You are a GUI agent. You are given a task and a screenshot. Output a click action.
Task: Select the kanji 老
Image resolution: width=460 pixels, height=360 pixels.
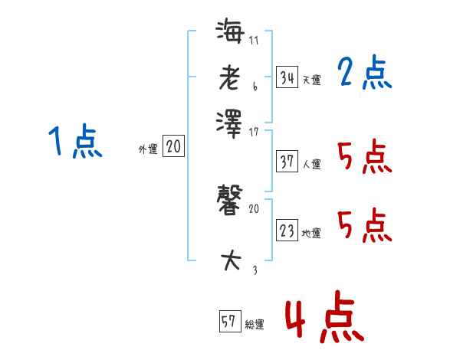pos(230,77)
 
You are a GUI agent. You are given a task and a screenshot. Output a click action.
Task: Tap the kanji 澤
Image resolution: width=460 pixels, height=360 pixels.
pos(230,120)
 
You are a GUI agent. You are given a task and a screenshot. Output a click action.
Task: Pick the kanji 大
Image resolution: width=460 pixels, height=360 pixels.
pos(230,260)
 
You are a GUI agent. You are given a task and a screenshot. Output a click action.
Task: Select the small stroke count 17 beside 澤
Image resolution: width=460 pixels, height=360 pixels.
pos(254,132)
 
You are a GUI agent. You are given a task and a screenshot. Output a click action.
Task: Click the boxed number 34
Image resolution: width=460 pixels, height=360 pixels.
pos(287,77)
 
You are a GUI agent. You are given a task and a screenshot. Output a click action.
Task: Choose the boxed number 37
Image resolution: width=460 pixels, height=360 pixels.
pos(287,162)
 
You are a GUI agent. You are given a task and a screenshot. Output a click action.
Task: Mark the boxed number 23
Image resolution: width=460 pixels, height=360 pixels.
pos(287,231)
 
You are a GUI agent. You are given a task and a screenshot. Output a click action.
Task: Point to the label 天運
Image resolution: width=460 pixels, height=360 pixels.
pos(311,80)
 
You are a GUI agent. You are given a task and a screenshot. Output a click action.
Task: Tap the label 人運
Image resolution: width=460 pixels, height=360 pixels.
pos(311,164)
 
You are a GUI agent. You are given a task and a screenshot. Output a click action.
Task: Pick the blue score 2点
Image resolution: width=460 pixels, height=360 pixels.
pos(364,73)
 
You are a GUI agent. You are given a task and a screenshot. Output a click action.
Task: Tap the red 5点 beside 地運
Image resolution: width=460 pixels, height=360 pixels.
pos(364,226)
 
